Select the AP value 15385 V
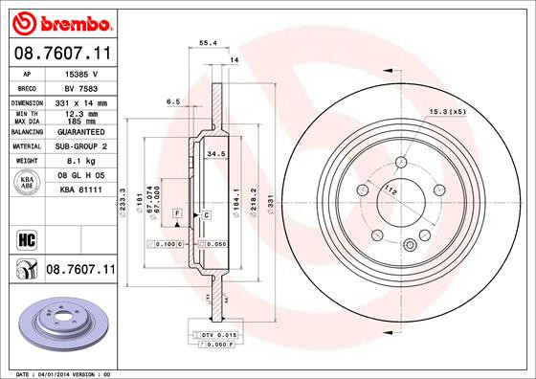click(81, 73)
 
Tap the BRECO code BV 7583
click(80, 86)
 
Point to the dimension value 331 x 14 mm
click(80, 100)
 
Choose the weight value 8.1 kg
click(80, 161)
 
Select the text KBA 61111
click(80, 190)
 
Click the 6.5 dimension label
click(173, 100)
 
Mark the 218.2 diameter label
click(252, 202)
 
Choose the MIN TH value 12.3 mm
click(80, 114)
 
